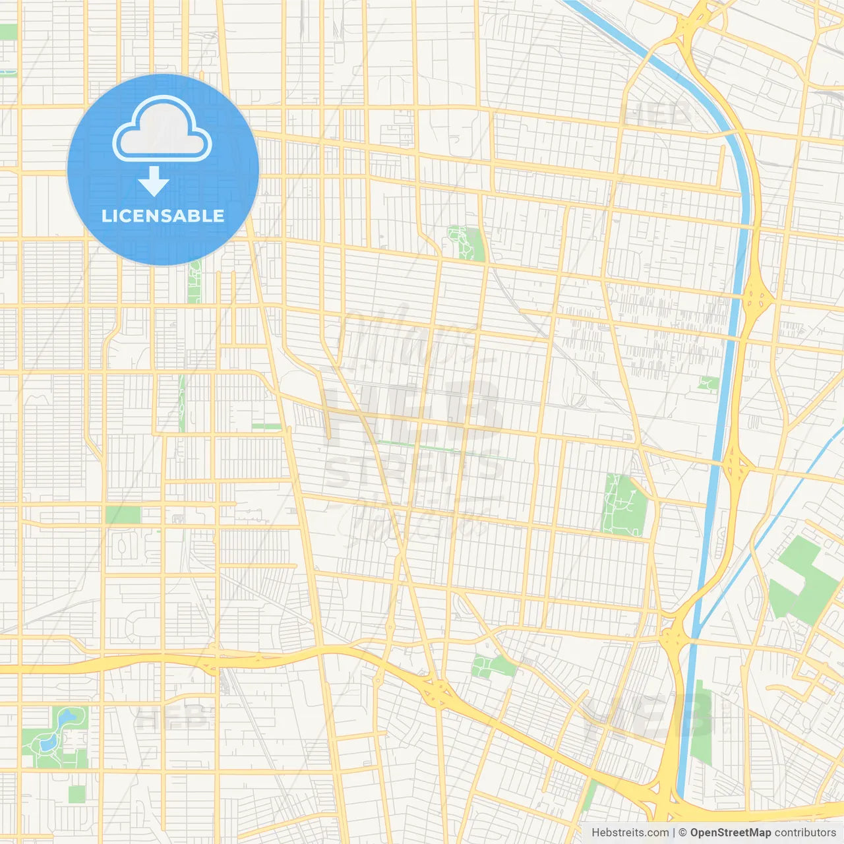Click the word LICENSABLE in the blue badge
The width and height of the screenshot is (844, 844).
click(x=163, y=216)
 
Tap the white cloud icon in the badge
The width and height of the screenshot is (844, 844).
click(x=162, y=129)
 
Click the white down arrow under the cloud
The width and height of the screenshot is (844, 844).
click(x=154, y=181)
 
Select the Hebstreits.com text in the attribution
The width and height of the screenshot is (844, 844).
click(x=630, y=833)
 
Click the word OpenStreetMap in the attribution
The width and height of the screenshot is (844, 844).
click(x=730, y=833)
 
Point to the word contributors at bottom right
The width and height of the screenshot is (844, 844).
click(x=805, y=833)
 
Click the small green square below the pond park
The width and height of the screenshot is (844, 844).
click(x=77, y=795)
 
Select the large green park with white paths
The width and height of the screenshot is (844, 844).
click(x=624, y=505)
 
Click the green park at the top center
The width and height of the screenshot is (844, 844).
click(x=466, y=243)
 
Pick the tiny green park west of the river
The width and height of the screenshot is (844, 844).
click(x=709, y=383)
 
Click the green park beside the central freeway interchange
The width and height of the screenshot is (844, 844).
click(x=492, y=665)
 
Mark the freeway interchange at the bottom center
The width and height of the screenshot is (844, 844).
click(x=437, y=692)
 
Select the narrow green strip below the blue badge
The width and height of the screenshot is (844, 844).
click(x=194, y=282)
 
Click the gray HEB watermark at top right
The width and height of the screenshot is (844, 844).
click(x=656, y=113)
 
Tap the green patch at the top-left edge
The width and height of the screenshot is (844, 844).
click(x=8, y=32)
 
